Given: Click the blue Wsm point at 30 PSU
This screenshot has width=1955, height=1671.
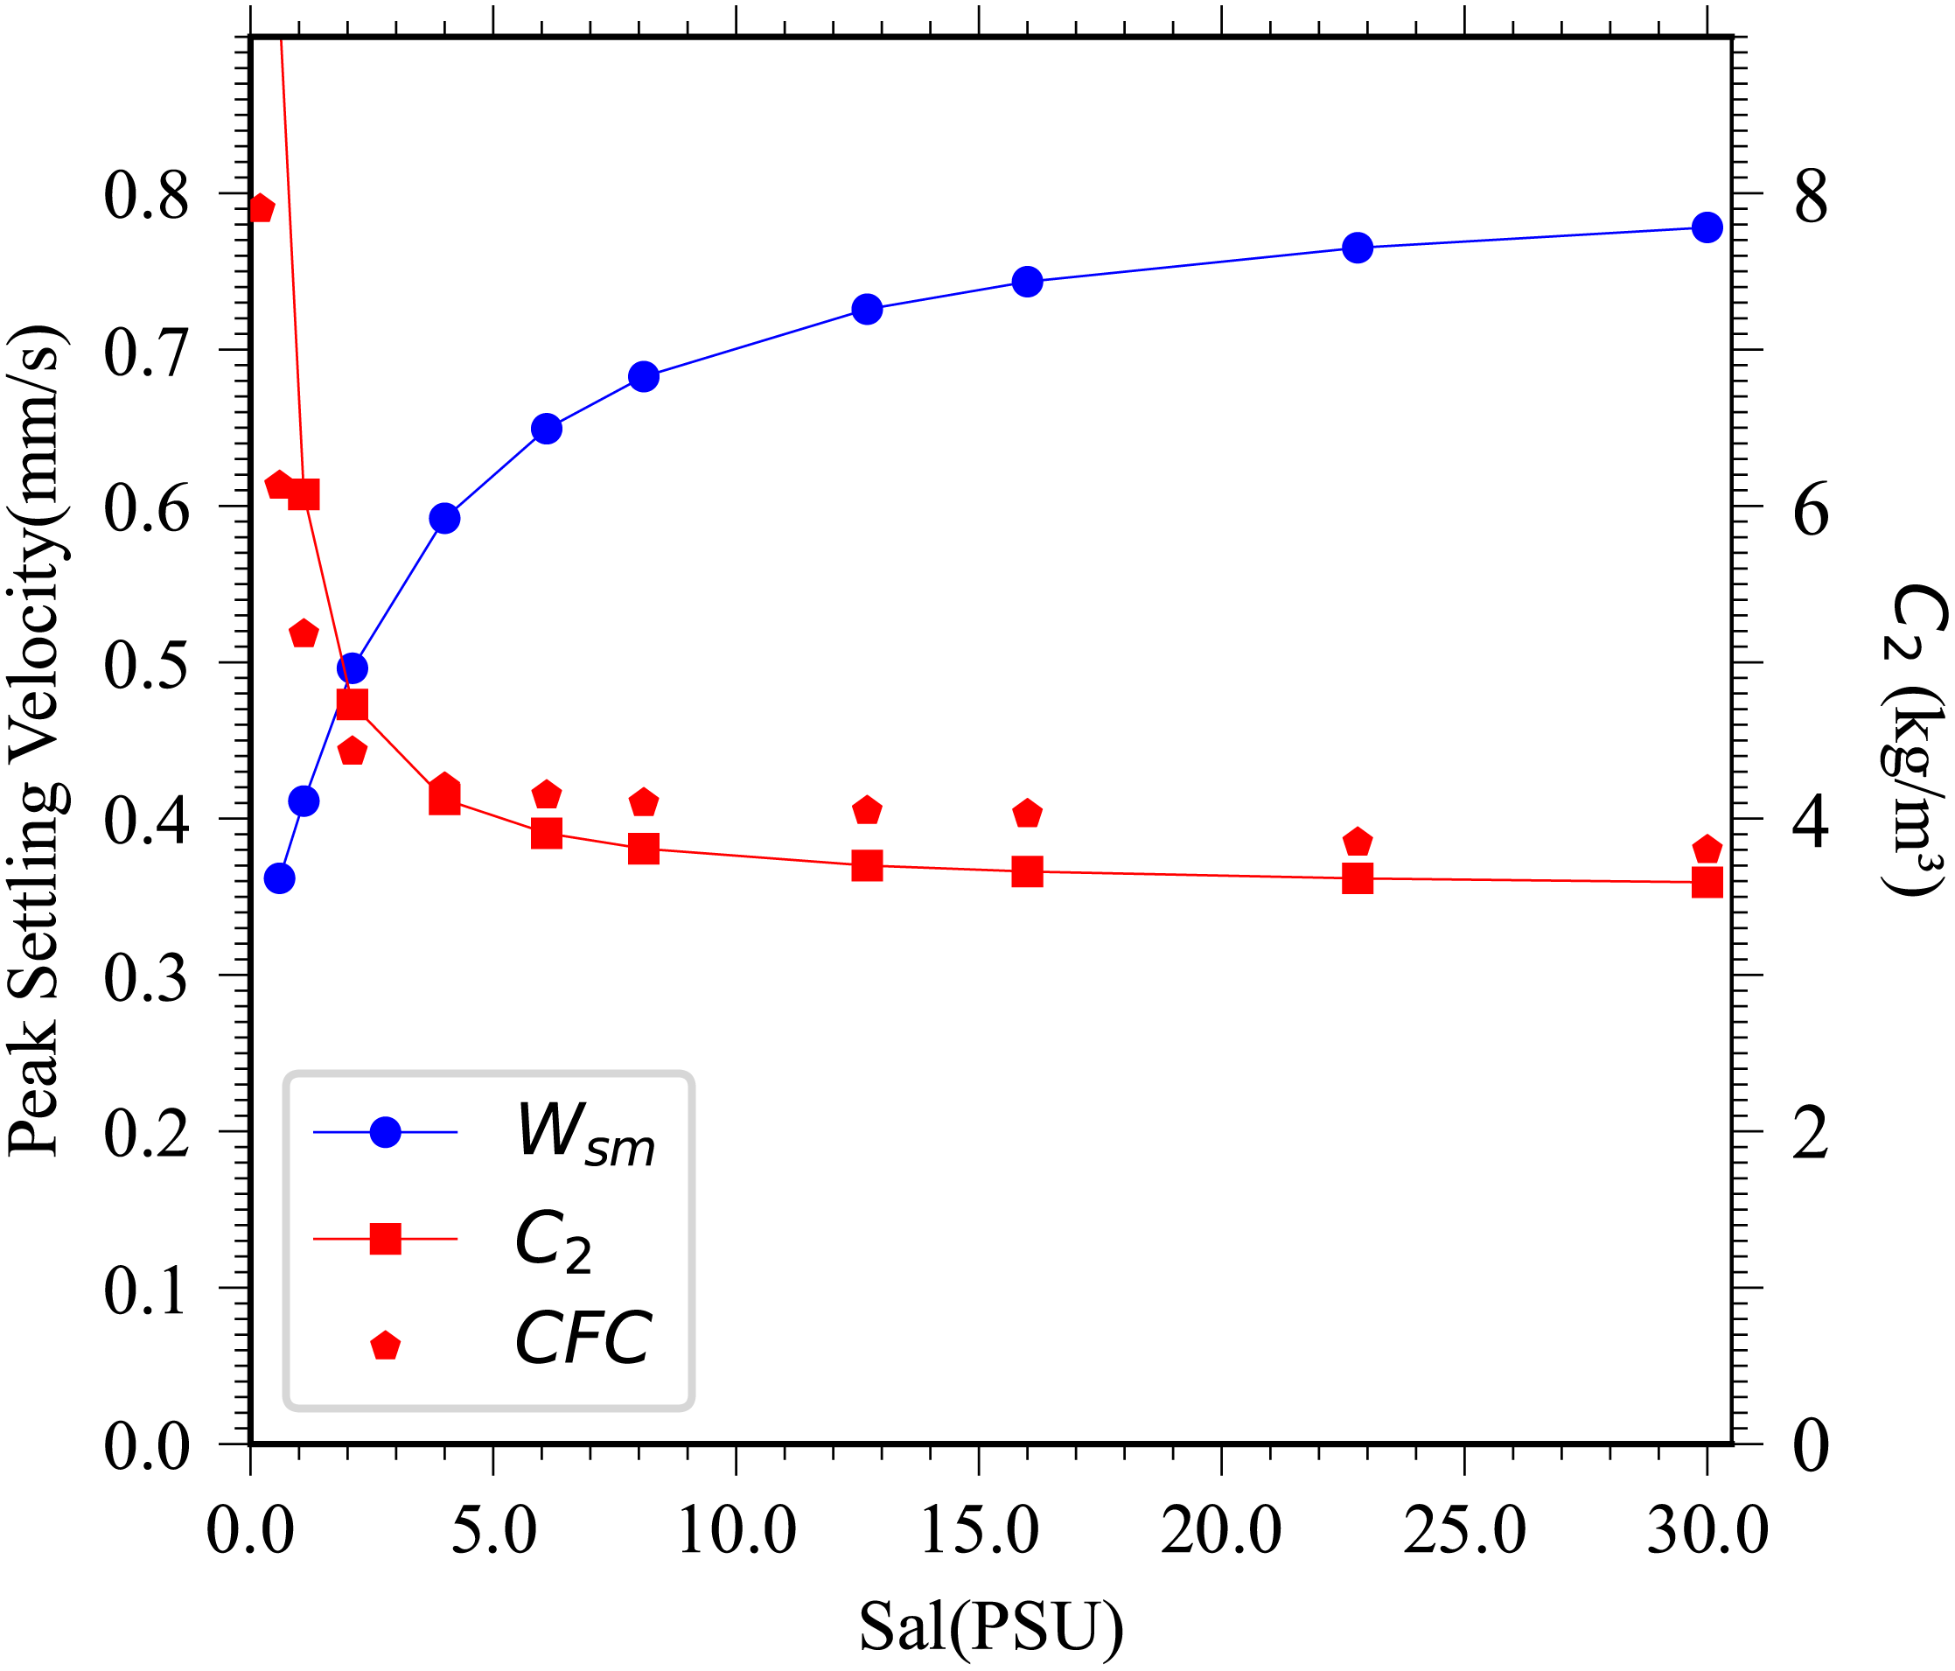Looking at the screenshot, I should click(x=1707, y=227).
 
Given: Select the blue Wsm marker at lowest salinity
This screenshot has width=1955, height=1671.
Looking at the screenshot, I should click(x=279, y=878).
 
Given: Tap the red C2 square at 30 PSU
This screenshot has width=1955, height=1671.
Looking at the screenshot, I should click(x=1707, y=883).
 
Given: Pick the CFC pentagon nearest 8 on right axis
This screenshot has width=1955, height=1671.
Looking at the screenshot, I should click(x=262, y=208).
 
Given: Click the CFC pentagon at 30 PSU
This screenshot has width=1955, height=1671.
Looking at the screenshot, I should click(x=1707, y=849).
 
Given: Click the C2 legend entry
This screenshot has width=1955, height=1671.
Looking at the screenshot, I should click(x=553, y=1240).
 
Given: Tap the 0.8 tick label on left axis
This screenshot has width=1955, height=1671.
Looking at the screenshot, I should click(x=146, y=195).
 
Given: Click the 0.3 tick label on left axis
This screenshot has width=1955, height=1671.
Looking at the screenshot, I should click(x=146, y=977).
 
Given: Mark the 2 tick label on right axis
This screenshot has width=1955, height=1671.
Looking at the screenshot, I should click(x=1811, y=1135).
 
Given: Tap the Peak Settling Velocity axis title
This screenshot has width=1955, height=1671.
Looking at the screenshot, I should click(x=38, y=741).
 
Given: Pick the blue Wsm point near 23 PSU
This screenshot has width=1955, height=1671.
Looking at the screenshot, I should click(x=1357, y=248).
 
